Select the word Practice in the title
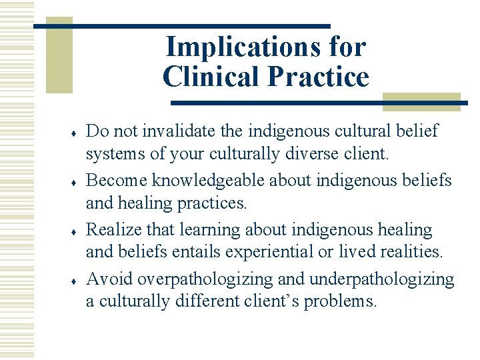tap(317, 77)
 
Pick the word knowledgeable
tap(217, 180)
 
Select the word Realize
tap(114, 229)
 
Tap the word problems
tap(340, 301)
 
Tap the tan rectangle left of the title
tap(59, 57)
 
